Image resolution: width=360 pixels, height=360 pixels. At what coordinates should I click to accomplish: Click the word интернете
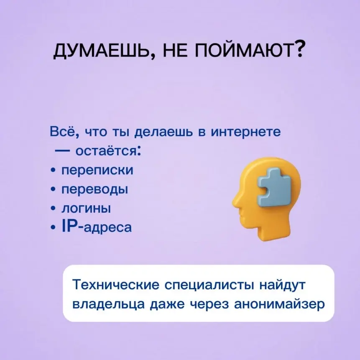[246, 132]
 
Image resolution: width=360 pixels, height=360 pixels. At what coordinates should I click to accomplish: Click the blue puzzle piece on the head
[274, 187]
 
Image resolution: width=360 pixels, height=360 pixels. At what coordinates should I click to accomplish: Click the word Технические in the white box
[116, 285]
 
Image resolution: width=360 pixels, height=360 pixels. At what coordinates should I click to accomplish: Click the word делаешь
[164, 132]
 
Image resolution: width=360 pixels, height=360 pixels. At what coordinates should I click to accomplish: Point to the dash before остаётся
[62, 151]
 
